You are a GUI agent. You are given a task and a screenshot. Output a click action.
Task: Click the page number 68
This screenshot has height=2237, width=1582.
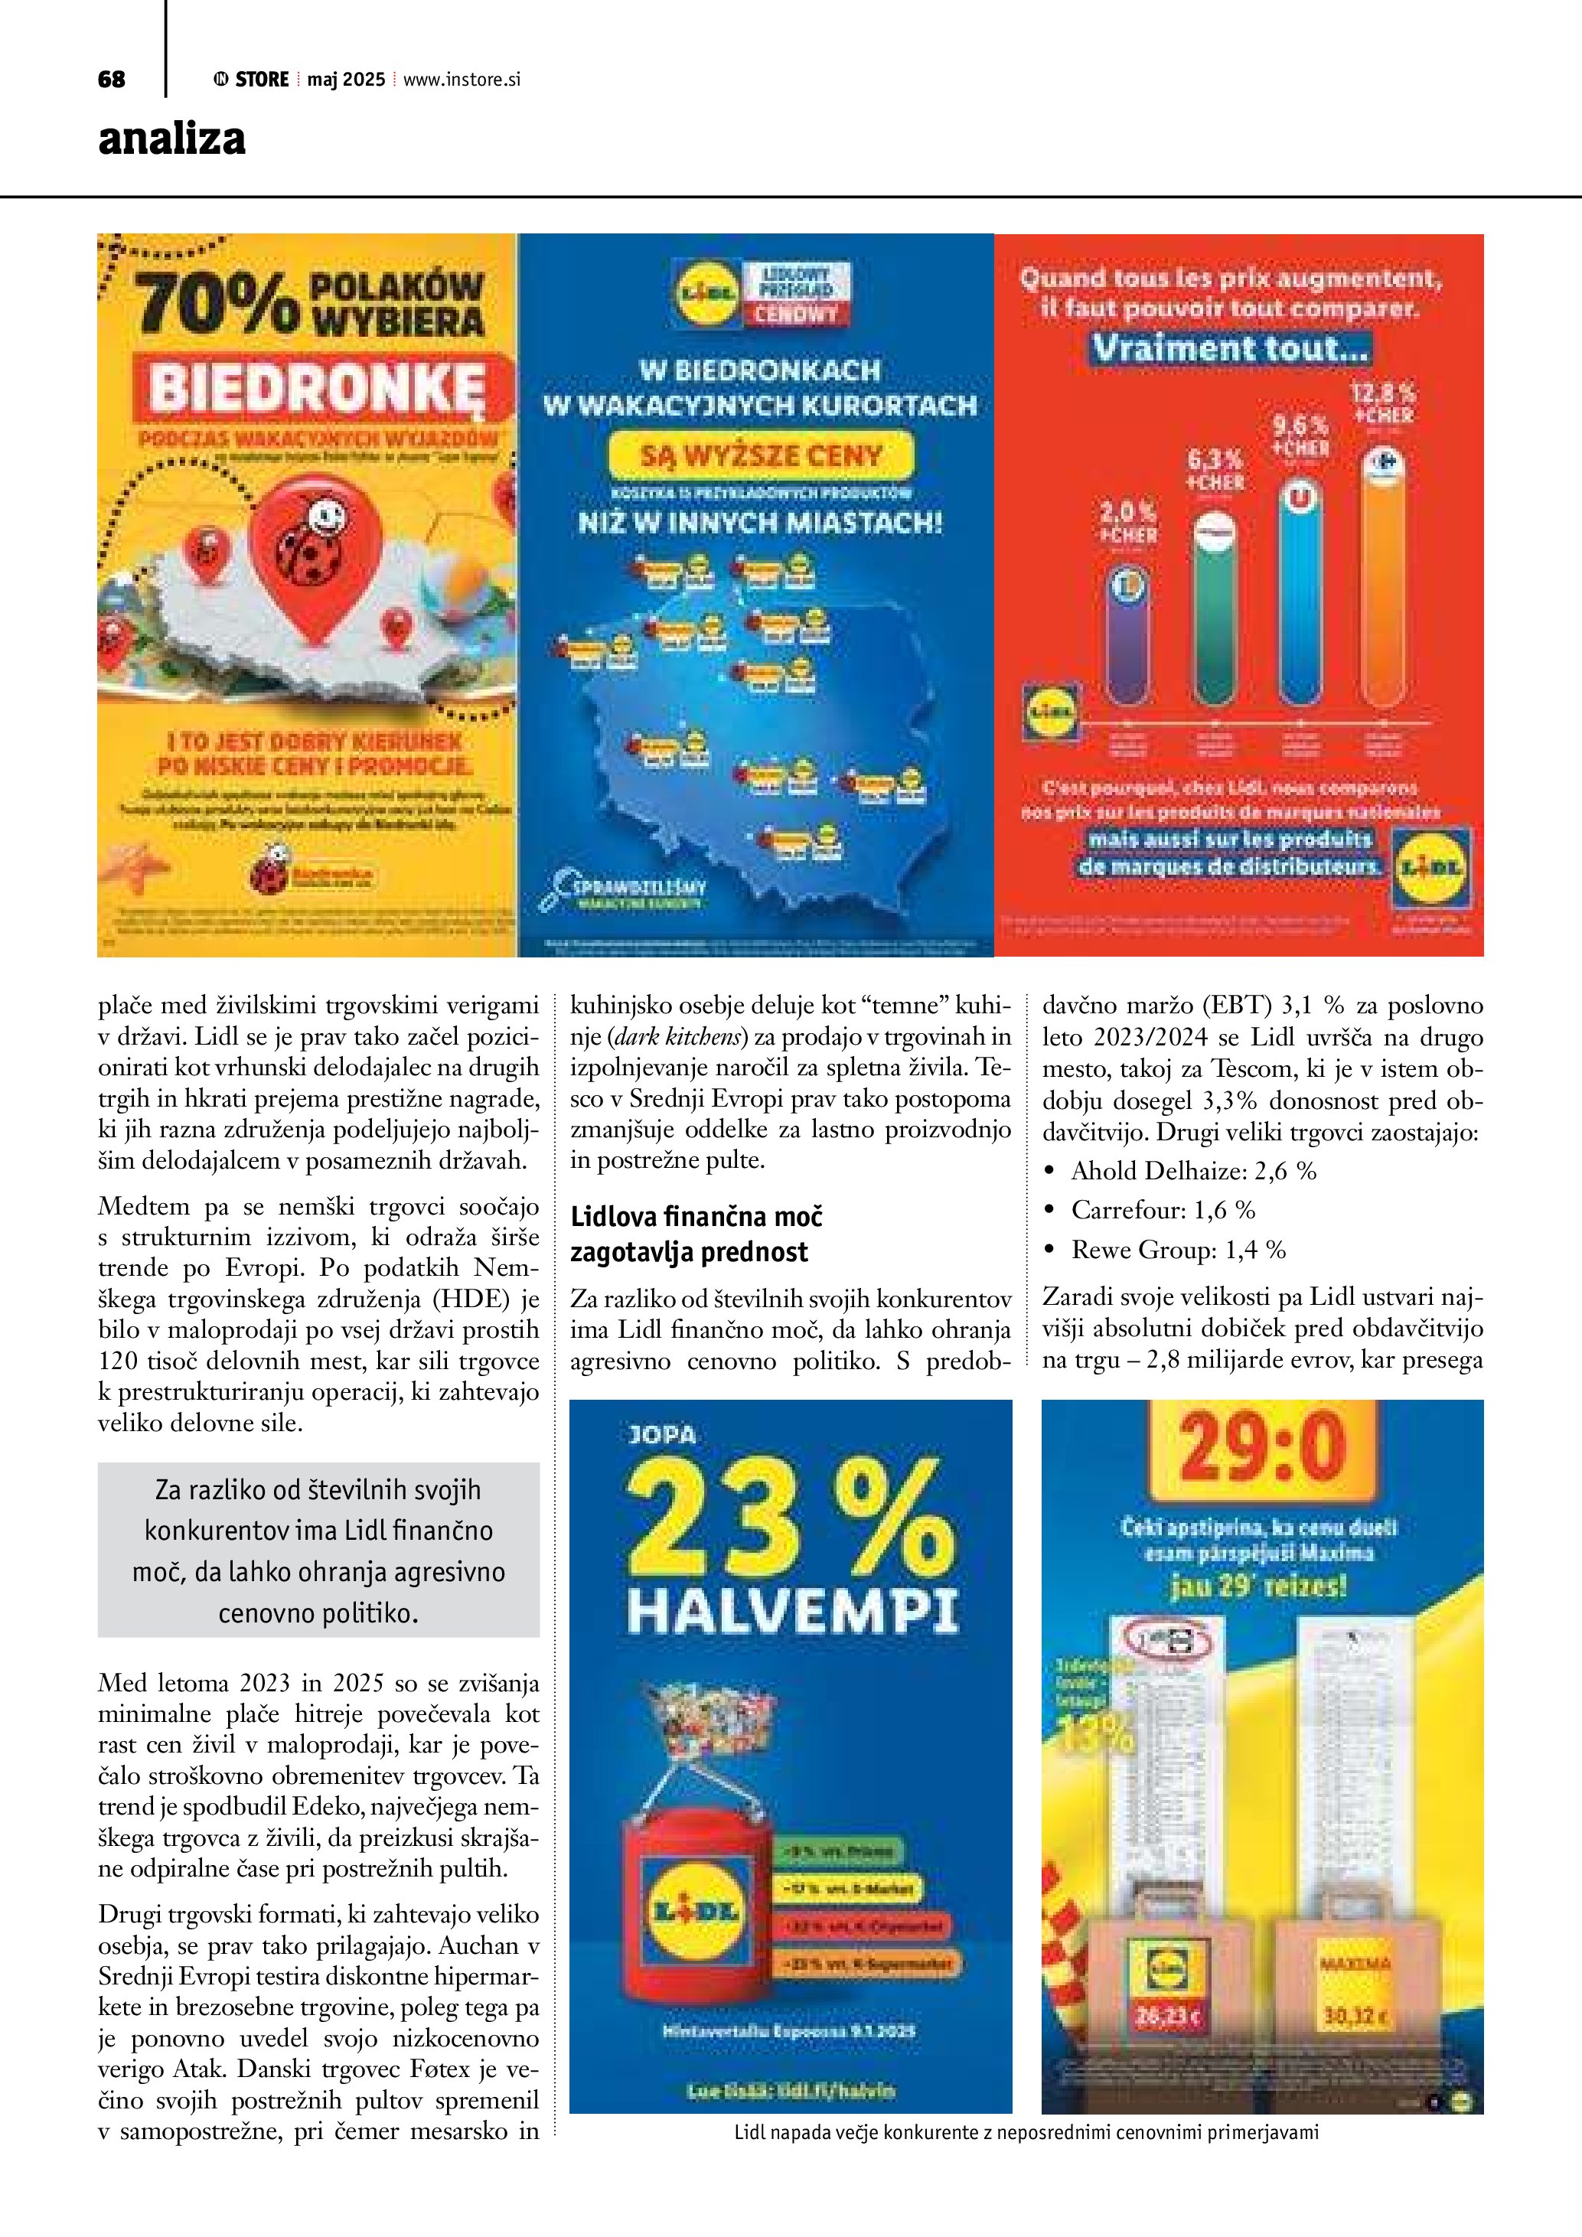(111, 80)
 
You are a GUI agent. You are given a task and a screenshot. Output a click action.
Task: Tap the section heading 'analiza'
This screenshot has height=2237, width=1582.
(171, 139)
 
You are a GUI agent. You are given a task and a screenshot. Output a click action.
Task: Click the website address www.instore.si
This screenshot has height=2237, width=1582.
(462, 80)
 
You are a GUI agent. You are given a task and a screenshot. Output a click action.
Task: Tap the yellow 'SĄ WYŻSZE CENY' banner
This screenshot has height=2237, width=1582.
(761, 455)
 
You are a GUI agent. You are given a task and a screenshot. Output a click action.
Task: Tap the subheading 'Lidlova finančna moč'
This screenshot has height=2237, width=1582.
(696, 1217)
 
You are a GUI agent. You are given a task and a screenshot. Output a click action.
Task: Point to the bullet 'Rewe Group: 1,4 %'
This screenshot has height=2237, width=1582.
(1178, 1250)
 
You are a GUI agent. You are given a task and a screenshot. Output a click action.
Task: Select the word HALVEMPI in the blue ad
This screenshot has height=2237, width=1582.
(793, 1612)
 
